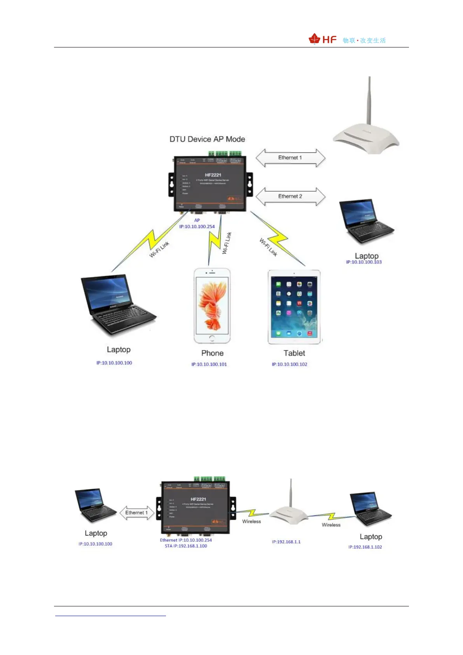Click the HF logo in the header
pyautogui.click(x=323, y=39)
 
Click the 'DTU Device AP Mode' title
pyautogui.click(x=207, y=139)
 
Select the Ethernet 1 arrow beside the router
pyautogui.click(x=290, y=158)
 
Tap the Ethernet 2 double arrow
pyautogui.click(x=290, y=196)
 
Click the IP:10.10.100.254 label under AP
pyautogui.click(x=197, y=226)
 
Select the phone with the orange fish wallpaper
pyautogui.click(x=212, y=306)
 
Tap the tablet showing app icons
pyautogui.click(x=294, y=307)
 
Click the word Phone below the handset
pyautogui.click(x=212, y=353)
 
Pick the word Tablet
pyautogui.click(x=294, y=353)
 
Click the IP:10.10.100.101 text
pyautogui.click(x=209, y=364)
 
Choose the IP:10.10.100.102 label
pyautogui.click(x=290, y=364)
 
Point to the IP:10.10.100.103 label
pyautogui.click(x=364, y=262)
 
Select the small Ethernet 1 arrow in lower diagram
pyautogui.click(x=136, y=513)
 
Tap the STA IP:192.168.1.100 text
pyautogui.click(x=186, y=546)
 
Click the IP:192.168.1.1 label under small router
pyautogui.click(x=286, y=542)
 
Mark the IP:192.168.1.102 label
pyautogui.click(x=365, y=547)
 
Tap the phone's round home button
pyautogui.click(x=212, y=338)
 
